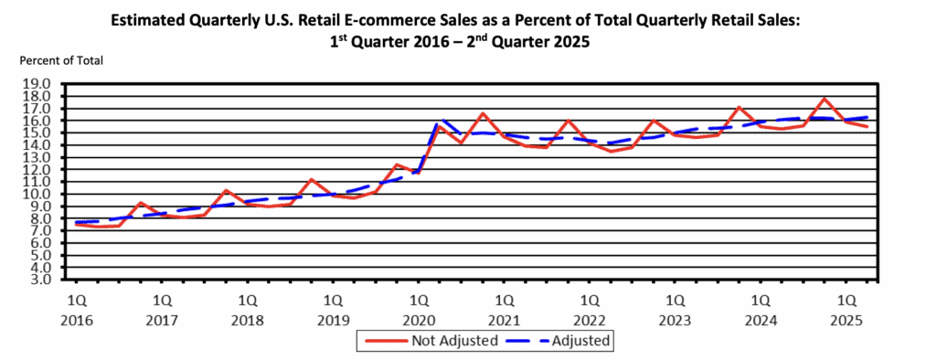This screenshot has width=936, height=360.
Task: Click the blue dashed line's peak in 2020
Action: [x=442, y=120]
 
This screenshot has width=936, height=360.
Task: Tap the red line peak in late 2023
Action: [x=739, y=108]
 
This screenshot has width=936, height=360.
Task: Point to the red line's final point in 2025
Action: [x=867, y=127]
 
